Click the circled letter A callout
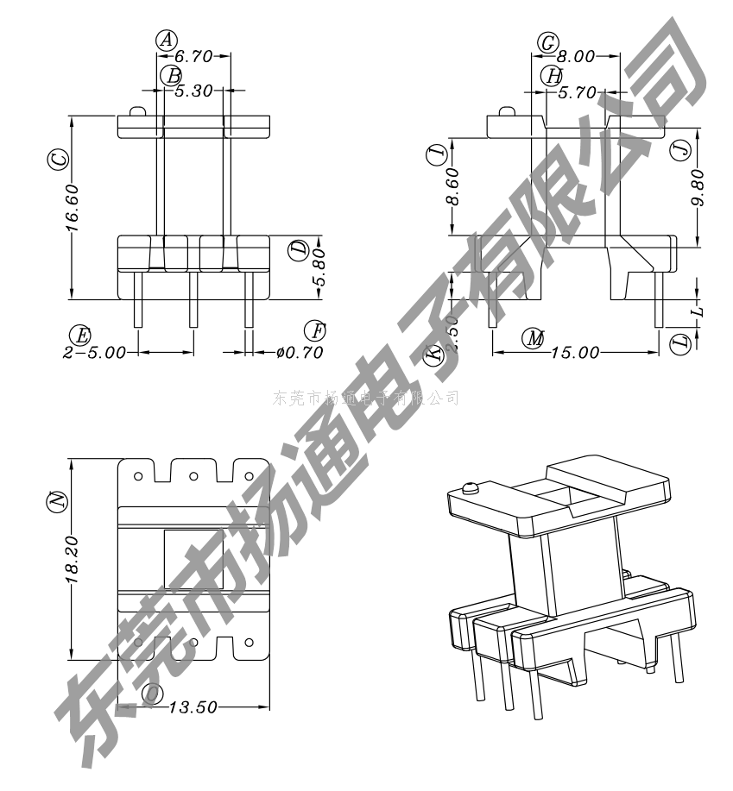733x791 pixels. click(167, 39)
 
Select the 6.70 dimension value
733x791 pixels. click(193, 57)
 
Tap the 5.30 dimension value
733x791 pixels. click(193, 90)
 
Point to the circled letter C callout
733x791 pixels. click(58, 160)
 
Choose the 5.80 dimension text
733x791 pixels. click(319, 274)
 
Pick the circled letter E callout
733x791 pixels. click(81, 335)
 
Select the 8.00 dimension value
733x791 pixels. click(578, 57)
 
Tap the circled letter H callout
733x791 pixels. click(553, 75)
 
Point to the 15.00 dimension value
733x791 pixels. click(576, 353)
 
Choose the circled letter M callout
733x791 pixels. click(534, 339)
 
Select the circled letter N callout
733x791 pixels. click(57, 500)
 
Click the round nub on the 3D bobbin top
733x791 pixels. click(471, 488)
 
